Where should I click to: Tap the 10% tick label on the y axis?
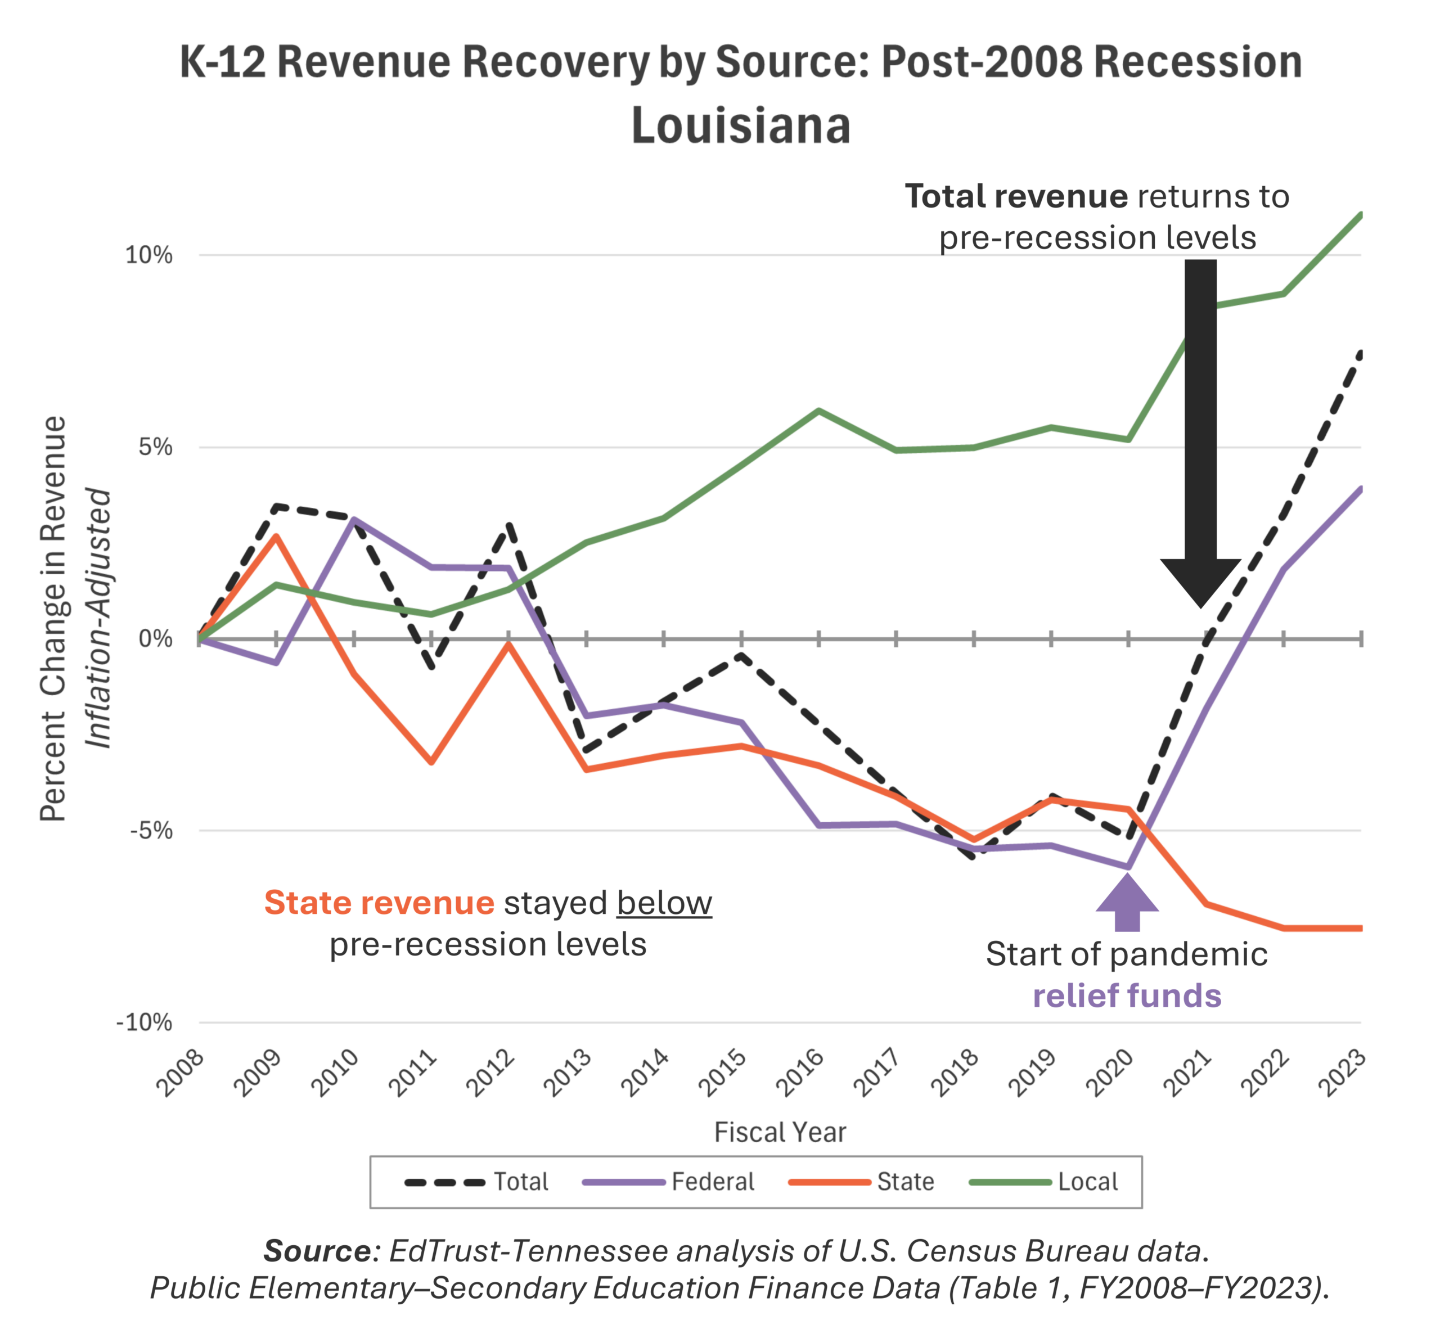(149, 255)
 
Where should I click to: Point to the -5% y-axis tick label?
(151, 831)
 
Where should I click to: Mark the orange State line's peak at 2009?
(276, 536)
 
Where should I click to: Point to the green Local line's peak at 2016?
(819, 411)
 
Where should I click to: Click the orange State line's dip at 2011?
(431, 762)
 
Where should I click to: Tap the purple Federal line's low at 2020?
(1128, 867)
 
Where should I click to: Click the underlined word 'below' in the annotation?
(664, 903)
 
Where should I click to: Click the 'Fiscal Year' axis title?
(780, 1133)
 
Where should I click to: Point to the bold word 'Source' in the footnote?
(317, 1251)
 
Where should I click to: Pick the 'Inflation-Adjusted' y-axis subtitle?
(98, 619)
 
